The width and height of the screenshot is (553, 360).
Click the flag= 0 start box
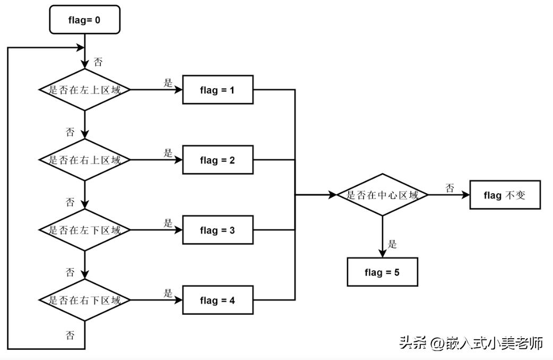(84, 20)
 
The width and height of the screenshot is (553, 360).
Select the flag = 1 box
(218, 90)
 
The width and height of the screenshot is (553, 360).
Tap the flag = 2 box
(218, 160)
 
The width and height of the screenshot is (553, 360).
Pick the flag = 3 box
(218, 230)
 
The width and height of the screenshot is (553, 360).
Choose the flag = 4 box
(218, 301)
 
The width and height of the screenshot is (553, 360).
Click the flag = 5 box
(382, 272)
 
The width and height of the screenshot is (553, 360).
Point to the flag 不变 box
(505, 195)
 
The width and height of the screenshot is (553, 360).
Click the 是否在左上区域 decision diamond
(85, 90)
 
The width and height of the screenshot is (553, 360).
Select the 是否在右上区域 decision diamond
(85, 160)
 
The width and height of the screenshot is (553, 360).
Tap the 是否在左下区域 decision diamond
(85, 230)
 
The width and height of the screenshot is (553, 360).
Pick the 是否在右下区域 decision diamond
(85, 301)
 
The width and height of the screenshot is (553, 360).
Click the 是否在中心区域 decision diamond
(382, 195)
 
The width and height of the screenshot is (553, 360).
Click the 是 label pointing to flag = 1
(168, 83)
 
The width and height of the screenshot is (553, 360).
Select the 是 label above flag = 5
(392, 245)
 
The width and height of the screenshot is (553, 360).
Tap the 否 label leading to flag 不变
(450, 188)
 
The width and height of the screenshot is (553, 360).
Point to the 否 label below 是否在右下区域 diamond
(70, 335)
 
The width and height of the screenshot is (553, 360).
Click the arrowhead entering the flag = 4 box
(179, 301)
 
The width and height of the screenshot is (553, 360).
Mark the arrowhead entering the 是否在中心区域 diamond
(333, 195)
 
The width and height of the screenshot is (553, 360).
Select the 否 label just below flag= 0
(98, 62)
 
